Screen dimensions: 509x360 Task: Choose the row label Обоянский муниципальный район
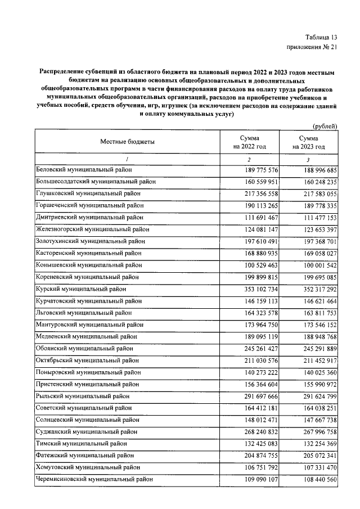click(86, 348)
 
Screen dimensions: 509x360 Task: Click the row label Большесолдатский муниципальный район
click(96, 182)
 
